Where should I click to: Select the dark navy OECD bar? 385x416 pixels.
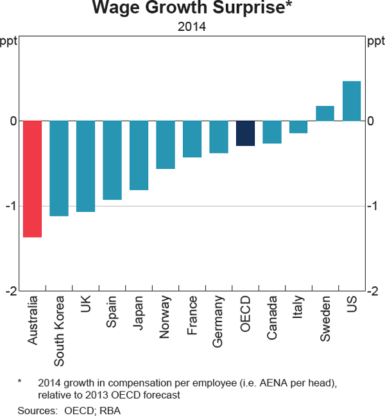pyautogui.click(x=245, y=133)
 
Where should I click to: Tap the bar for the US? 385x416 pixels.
pyautogui.click(x=352, y=101)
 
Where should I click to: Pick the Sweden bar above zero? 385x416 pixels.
pyautogui.click(x=325, y=113)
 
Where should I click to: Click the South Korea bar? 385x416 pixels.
pyautogui.click(x=59, y=168)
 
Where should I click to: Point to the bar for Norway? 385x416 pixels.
pyautogui.click(x=166, y=144)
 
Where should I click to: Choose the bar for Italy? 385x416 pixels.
pyautogui.click(x=298, y=126)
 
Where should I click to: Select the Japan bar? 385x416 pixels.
pyautogui.click(x=139, y=155)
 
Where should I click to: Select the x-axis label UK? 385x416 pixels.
pyautogui.click(x=86, y=305)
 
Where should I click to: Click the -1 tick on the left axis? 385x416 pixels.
pyautogui.click(x=12, y=206)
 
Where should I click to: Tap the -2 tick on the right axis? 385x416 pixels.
pyautogui.click(x=372, y=291)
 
